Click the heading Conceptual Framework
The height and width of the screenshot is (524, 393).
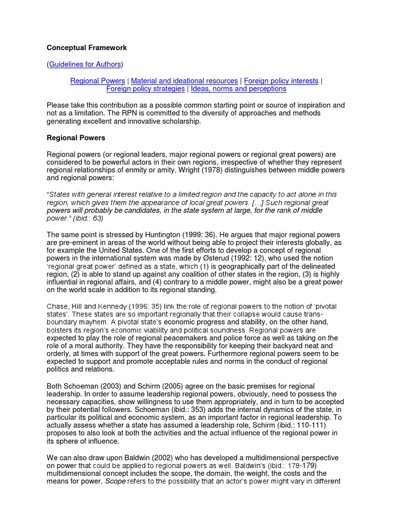(87, 48)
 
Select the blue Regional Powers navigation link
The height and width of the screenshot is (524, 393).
(97, 81)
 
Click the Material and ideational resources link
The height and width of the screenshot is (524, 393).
(184, 81)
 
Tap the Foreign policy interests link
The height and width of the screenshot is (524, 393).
(281, 81)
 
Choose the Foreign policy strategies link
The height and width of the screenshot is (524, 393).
(145, 89)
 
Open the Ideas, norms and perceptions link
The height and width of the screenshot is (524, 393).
(237, 89)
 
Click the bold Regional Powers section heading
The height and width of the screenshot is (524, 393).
(76, 138)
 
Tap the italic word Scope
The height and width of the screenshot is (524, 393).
(116, 482)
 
